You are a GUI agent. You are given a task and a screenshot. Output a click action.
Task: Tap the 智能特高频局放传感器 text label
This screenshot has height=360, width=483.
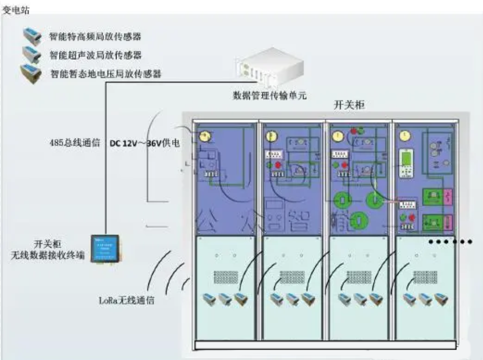[95, 37]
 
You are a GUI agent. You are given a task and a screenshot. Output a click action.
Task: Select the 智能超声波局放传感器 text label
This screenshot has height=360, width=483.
[95, 55]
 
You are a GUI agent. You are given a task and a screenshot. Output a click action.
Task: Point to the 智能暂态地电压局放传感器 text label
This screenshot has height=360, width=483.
[106, 74]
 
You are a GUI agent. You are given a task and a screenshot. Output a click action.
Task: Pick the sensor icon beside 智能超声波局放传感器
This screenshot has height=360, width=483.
[31, 53]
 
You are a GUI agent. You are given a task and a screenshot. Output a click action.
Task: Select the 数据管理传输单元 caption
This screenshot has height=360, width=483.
[269, 95]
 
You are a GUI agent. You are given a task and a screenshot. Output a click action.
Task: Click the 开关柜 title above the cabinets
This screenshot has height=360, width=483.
[349, 105]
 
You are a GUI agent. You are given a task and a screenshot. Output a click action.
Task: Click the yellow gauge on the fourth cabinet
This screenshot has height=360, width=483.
[404, 136]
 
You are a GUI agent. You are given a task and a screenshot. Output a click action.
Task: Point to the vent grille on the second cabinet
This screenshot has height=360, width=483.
[292, 275]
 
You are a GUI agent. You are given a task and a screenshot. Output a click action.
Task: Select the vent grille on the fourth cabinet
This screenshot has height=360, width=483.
[424, 275]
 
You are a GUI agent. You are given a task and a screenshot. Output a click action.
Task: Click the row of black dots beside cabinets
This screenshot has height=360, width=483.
[451, 242]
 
